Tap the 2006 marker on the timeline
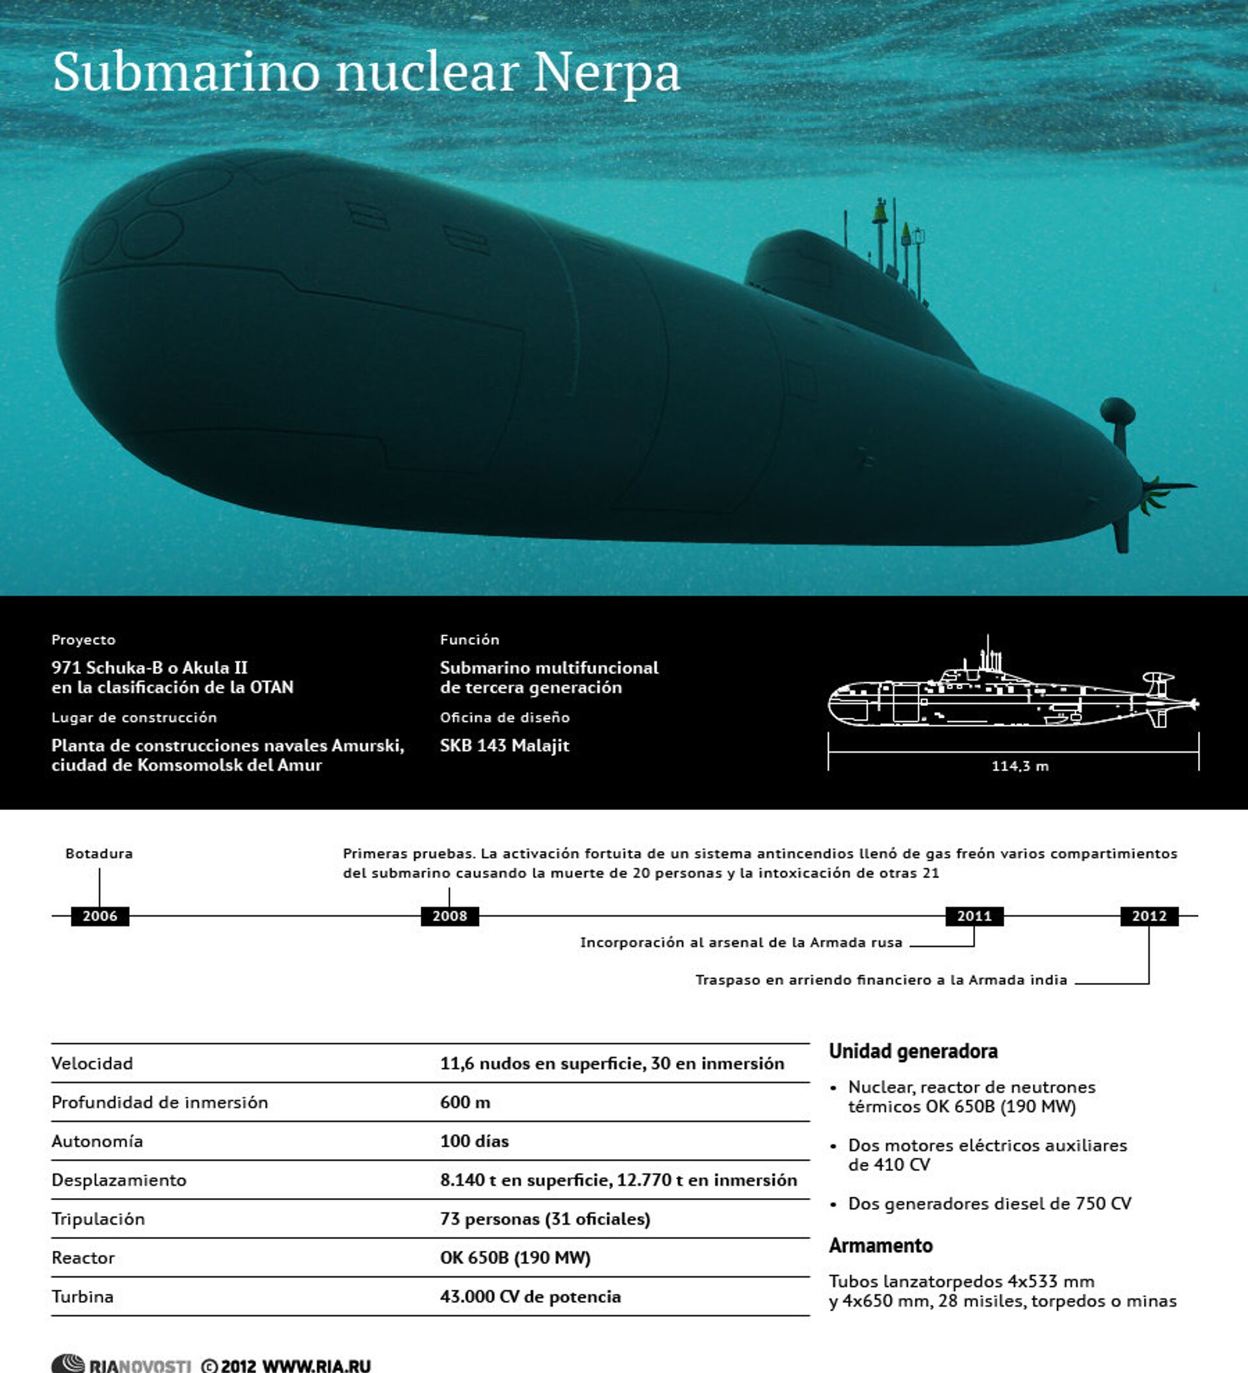coord(99,916)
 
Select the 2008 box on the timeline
coord(449,916)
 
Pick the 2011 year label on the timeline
coord(974,916)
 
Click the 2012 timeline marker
coord(1149,916)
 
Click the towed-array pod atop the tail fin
coord(1117,411)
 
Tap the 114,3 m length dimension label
coord(1019,766)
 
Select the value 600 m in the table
coord(465,1103)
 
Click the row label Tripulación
coord(98,1219)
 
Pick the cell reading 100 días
coord(474,1142)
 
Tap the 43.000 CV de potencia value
coord(530,1297)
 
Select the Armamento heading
coord(880,1246)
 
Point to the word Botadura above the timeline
coord(99,854)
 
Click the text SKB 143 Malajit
coord(504,746)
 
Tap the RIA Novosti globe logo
coord(68,1364)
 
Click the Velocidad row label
coord(92,1064)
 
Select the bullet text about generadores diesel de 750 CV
coord(989,1204)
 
